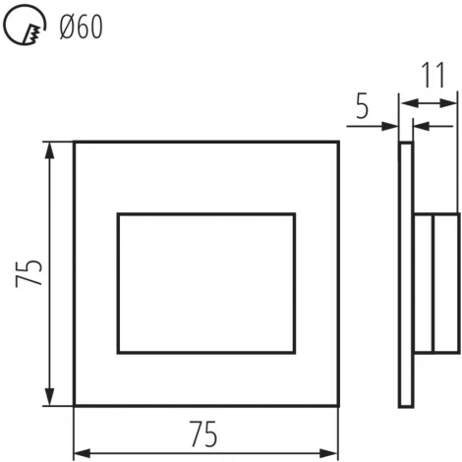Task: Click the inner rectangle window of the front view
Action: (205, 283)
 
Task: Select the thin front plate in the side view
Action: (406, 274)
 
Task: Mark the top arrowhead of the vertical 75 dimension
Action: (50, 147)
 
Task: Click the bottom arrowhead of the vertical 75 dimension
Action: (50, 400)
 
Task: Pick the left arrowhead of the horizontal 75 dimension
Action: (81, 453)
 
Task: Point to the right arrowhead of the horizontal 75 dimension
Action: (332, 453)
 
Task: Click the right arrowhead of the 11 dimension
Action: (453, 102)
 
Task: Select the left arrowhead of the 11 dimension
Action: (404, 102)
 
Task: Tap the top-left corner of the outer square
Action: (75, 143)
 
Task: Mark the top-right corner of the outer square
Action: (338, 143)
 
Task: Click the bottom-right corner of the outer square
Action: (338, 405)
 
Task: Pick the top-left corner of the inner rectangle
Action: (118, 213)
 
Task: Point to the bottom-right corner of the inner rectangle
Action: (294, 353)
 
